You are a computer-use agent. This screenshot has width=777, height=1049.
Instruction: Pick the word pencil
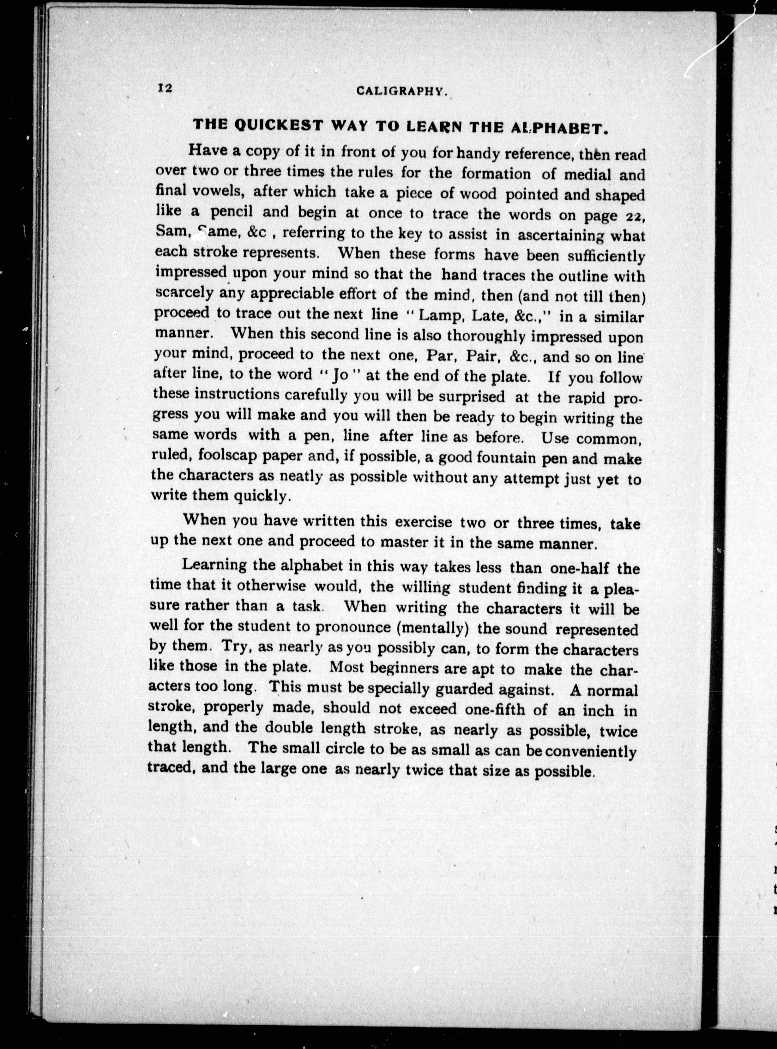pyautogui.click(x=232, y=212)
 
